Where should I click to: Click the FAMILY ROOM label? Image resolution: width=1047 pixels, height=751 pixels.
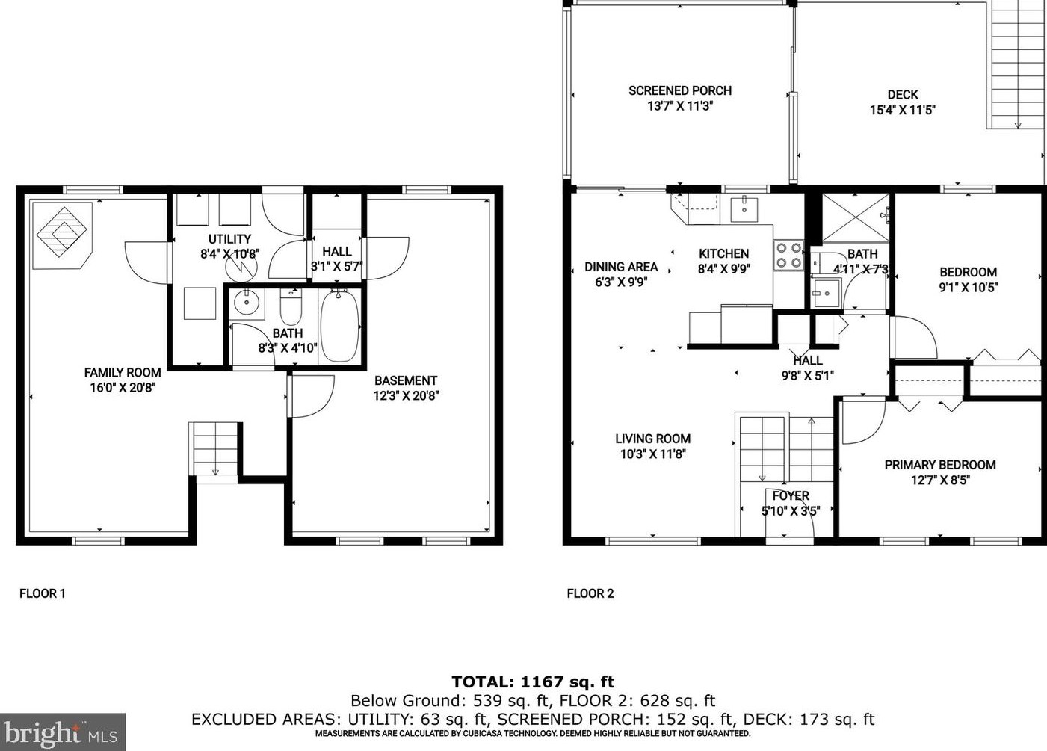coord(123,372)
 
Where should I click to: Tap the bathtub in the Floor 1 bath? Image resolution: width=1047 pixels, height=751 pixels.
coord(340,327)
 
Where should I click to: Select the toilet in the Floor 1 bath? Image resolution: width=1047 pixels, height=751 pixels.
coord(291,306)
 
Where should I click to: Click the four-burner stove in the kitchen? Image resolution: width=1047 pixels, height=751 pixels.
coord(788,256)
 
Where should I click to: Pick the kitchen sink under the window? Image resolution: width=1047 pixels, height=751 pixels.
coord(744,208)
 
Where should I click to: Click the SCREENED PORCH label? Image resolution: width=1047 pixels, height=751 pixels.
coord(680,90)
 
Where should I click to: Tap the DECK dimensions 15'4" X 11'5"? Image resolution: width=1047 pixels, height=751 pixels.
coord(903,111)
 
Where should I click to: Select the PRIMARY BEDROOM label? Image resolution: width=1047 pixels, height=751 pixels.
coord(940,465)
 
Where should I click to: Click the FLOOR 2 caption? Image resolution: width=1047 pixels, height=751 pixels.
coord(590,593)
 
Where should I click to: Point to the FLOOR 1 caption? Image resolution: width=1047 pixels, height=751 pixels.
coord(43,593)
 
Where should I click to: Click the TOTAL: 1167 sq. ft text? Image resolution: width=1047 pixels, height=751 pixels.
coord(533,682)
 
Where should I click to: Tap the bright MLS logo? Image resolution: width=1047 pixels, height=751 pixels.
coord(63,732)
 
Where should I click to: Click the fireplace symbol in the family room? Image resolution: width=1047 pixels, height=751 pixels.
coord(62,235)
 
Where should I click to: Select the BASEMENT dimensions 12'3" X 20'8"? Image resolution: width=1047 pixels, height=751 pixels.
coord(406,396)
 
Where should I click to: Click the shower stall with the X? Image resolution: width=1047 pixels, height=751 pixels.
coord(856,217)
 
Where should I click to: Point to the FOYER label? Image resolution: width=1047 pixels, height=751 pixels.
coord(791,496)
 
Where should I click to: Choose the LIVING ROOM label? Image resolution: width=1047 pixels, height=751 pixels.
coord(653,439)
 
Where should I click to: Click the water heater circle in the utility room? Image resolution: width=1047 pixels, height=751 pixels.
coord(241,267)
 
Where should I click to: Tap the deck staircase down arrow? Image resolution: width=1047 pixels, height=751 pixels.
coord(1018,125)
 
